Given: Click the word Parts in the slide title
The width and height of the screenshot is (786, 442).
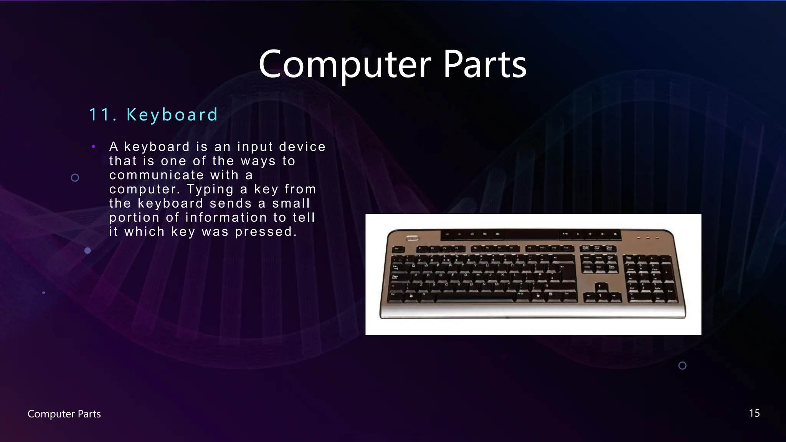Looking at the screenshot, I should (485, 64).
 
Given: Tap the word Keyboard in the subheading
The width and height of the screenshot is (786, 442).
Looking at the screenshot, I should (172, 115).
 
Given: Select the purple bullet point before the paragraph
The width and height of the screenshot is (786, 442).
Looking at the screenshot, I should (93, 146).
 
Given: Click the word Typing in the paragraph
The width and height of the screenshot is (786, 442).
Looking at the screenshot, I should (210, 189).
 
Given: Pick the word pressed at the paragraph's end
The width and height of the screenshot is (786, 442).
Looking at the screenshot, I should (266, 232).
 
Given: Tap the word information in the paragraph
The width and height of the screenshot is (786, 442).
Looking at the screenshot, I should (226, 218).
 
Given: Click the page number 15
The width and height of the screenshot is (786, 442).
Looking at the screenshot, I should (754, 413).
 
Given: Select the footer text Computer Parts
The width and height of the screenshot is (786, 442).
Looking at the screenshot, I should (64, 414).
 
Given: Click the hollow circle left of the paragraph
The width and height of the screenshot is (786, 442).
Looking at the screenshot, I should (75, 178).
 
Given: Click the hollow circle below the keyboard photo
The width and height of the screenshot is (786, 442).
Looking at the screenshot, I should (682, 366).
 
